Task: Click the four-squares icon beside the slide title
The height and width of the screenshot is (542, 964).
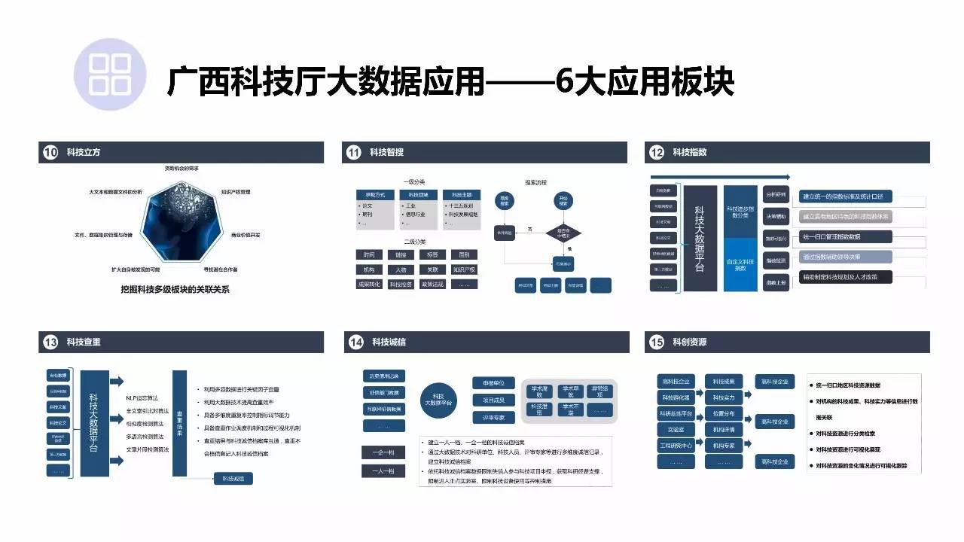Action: (x=109, y=75)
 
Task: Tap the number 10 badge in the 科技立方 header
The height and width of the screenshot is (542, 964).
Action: (x=50, y=153)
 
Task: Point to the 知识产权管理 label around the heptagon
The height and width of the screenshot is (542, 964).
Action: (x=236, y=192)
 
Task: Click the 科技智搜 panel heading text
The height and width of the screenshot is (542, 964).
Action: (x=386, y=153)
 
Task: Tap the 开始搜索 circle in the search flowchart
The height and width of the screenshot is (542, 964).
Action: (x=563, y=200)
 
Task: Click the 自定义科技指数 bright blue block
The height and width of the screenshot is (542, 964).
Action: (x=740, y=264)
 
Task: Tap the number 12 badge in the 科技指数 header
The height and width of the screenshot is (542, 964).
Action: (x=656, y=153)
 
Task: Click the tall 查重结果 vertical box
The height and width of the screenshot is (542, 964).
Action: (x=179, y=423)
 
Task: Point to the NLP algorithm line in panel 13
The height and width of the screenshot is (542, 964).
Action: (x=147, y=398)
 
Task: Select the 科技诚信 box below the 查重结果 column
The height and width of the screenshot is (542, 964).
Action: (x=233, y=478)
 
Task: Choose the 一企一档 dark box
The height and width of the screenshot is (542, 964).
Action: (x=383, y=452)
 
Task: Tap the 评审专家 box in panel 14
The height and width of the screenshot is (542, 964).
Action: (x=493, y=417)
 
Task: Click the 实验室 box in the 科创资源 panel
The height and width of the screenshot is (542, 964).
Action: (x=676, y=429)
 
